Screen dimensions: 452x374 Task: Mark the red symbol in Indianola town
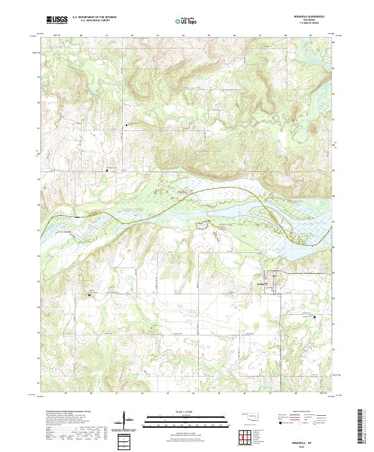272,275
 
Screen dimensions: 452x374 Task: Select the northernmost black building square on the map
127,125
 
